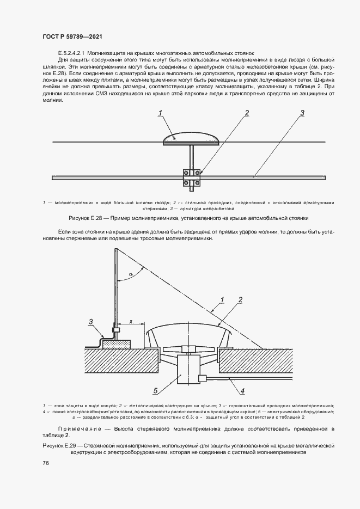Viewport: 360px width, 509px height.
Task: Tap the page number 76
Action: pos(46,463)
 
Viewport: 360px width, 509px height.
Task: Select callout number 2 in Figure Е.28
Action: pos(247,113)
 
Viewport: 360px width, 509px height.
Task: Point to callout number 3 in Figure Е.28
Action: pos(301,113)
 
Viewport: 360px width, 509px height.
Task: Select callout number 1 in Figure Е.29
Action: pos(223,299)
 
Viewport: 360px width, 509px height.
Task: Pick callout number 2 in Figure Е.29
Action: pos(239,299)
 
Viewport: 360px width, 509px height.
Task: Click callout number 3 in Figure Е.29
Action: pos(92,321)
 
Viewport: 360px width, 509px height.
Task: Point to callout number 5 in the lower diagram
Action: pos(155,390)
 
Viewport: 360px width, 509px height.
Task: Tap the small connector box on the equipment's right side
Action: pos(202,378)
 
